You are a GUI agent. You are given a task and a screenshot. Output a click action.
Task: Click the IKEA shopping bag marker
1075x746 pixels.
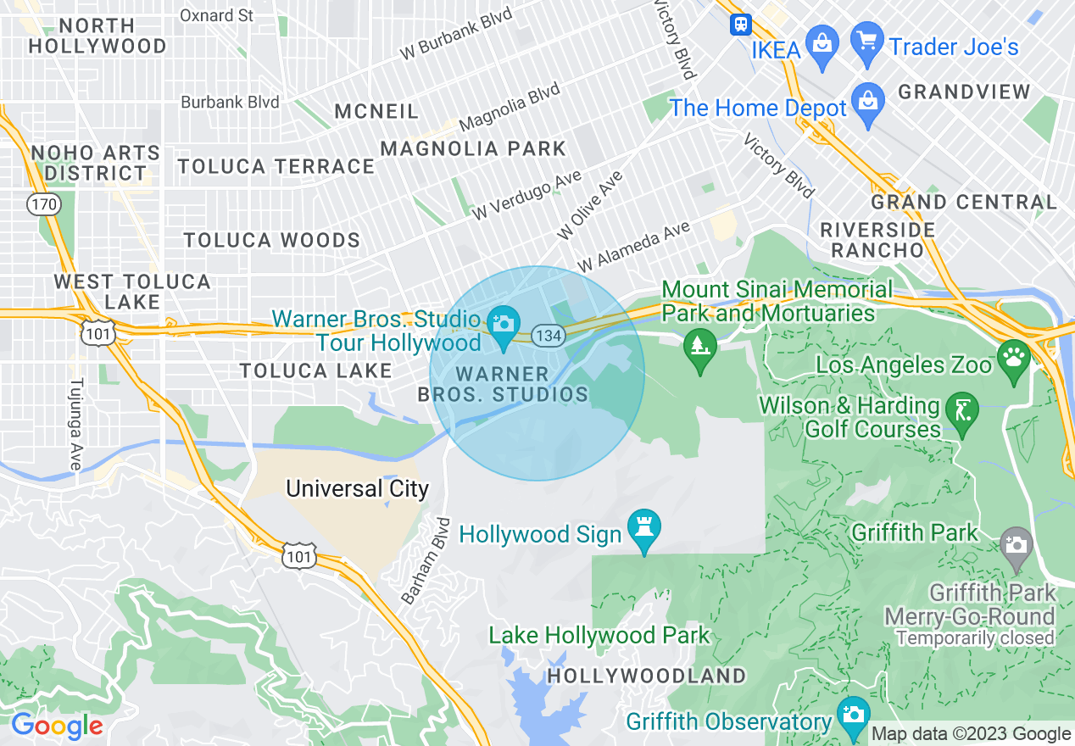click(822, 41)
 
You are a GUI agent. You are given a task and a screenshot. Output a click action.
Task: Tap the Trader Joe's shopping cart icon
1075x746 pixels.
click(866, 41)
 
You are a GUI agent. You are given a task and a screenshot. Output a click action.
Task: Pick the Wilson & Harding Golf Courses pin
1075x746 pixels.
click(961, 410)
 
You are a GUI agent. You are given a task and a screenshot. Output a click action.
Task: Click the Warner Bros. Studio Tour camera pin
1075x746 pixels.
click(504, 324)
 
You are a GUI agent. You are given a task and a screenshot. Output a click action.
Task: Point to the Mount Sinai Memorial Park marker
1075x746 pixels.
click(699, 346)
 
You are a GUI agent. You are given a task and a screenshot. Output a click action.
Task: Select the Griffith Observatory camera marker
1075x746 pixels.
click(853, 715)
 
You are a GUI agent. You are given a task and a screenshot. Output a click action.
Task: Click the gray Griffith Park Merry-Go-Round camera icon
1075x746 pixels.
click(1016, 543)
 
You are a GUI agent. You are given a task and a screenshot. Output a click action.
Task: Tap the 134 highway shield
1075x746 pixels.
click(549, 336)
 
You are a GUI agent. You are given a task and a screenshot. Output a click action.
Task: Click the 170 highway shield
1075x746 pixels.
click(42, 203)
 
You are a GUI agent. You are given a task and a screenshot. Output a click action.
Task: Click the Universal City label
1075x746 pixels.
click(357, 489)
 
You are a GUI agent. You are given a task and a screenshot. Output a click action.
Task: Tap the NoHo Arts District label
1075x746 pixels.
click(95, 163)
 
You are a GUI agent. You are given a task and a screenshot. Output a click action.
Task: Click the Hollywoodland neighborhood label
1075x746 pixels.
click(646, 676)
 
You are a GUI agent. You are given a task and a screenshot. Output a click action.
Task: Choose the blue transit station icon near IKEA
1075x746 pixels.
click(741, 25)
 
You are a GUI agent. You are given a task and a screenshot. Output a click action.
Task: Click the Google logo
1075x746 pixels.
click(57, 726)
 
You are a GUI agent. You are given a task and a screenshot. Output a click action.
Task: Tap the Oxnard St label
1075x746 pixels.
click(217, 15)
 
